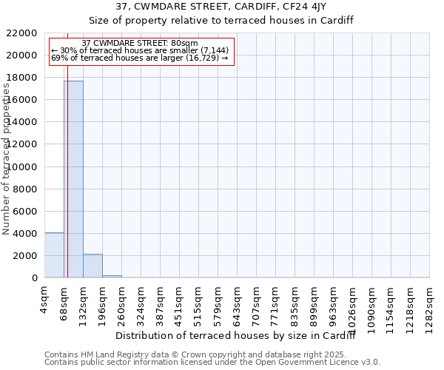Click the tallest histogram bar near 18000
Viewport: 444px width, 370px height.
tap(73, 179)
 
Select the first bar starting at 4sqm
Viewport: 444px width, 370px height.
tap(54, 255)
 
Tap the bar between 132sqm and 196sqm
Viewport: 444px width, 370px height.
tap(92, 266)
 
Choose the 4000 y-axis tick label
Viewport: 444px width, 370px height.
tap(25, 234)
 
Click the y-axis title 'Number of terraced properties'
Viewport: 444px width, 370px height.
tap(7, 159)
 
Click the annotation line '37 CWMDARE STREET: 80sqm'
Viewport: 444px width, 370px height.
tap(140, 44)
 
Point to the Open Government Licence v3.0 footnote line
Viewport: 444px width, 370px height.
tap(212, 363)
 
